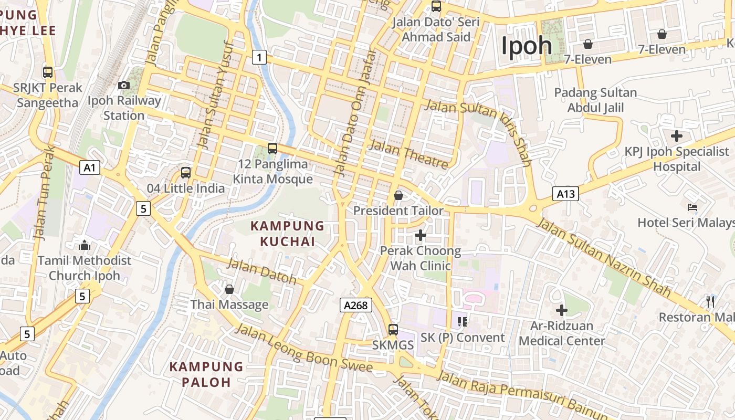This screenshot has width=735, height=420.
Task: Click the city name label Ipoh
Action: [526, 46]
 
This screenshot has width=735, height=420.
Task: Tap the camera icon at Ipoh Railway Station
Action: [124, 85]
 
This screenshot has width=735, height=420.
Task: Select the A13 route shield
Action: [565, 194]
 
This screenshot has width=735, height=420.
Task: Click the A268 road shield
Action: [355, 305]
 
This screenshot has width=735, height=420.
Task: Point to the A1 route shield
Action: [90, 167]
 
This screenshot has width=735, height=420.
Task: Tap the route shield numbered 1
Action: [259, 57]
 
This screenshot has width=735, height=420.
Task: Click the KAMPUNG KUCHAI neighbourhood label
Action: [288, 234]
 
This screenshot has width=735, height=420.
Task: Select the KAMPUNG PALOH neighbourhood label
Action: [206, 374]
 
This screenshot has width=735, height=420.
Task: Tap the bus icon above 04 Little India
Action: [185, 172]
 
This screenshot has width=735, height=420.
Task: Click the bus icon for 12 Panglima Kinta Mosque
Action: [272, 148]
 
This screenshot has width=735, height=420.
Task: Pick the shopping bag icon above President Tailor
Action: [398, 195]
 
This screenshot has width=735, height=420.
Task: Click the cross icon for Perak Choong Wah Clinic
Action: [420, 235]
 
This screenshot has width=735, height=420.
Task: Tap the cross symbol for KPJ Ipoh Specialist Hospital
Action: [677, 136]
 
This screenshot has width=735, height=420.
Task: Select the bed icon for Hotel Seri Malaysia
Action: [692, 207]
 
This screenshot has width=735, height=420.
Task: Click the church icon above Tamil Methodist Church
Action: [84, 245]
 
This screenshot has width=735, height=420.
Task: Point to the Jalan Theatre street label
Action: [409, 154]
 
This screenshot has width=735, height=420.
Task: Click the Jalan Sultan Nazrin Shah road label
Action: [604, 257]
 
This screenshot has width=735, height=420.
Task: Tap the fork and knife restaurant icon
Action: [710, 301]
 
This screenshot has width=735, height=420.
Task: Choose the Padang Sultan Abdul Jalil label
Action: [595, 100]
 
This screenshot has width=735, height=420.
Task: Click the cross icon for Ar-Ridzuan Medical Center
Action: [562, 310]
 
